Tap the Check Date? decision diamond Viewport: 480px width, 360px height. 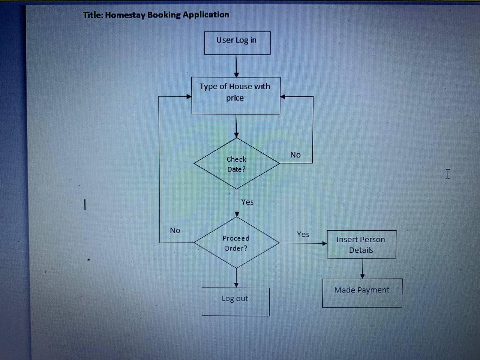[236, 164]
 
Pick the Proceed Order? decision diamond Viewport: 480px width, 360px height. [236, 243]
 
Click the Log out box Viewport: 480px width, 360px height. [235, 301]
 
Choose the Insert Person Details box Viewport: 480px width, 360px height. [361, 244]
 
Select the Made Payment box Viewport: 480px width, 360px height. [362, 293]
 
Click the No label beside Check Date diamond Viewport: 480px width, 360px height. [295, 155]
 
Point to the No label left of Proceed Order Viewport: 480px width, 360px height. [175, 230]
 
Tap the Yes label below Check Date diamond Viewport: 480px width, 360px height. [247, 202]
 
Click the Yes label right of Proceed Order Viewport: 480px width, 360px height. [303, 234]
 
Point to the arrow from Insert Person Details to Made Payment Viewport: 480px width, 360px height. [362, 268]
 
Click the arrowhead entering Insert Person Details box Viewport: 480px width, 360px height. [324, 243]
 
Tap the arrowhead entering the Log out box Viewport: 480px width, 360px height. [236, 285]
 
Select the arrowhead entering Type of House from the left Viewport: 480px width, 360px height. [189, 96]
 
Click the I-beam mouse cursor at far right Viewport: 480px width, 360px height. [448, 174]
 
